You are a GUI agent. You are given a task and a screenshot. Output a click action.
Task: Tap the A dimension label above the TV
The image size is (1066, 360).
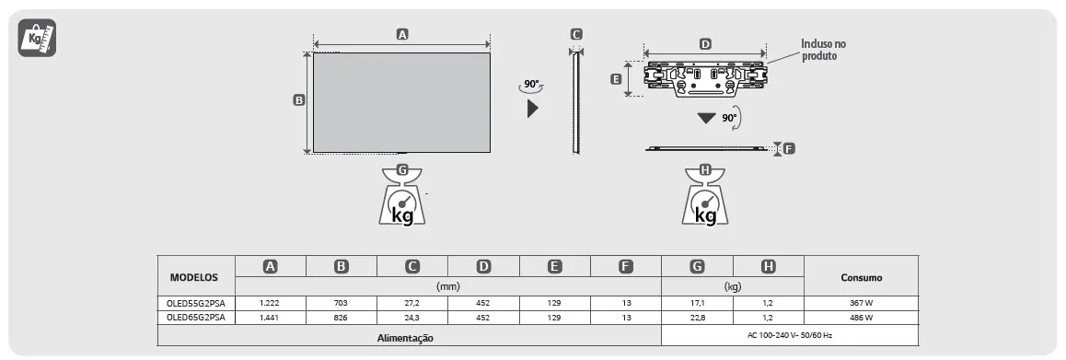(401, 34)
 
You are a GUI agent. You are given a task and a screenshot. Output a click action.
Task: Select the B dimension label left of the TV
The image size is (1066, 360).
(298, 100)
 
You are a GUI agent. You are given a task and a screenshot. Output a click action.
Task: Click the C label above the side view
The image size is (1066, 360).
(576, 35)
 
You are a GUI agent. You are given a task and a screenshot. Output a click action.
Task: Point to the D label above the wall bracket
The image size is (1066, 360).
(705, 43)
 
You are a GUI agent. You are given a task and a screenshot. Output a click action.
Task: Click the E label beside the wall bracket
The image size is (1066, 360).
(616, 79)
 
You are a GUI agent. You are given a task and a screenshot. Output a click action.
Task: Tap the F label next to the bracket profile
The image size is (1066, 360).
(789, 148)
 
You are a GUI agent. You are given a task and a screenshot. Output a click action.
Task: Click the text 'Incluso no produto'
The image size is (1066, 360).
(822, 50)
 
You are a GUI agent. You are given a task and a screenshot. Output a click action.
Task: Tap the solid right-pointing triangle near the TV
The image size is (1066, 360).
(533, 108)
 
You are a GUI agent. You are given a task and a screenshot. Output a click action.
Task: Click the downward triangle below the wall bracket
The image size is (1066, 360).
(706, 119)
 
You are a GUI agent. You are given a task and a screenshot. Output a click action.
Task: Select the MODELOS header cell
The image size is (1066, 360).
(194, 276)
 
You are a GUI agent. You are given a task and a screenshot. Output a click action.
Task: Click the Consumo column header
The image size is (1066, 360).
(861, 276)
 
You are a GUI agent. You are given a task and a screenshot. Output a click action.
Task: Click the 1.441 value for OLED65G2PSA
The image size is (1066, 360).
(270, 317)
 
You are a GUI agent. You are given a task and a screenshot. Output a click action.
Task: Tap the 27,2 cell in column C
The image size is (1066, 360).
(412, 303)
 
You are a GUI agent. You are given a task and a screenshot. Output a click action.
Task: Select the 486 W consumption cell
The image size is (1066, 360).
(861, 317)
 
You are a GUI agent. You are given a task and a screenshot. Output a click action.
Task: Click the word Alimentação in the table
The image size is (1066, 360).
(405, 338)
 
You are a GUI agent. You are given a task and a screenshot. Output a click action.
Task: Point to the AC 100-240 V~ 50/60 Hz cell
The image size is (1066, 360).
(790, 335)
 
